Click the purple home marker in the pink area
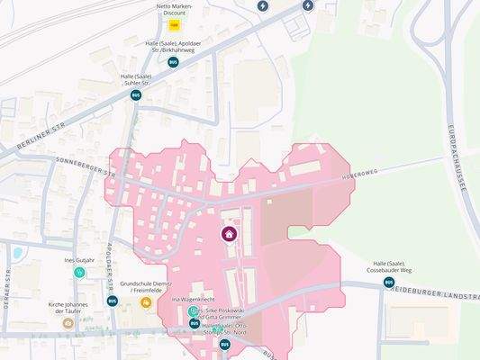pos(230,235)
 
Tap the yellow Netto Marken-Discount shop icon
pos(176,26)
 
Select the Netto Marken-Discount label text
pos(176,9)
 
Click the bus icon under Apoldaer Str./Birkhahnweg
pos(173,62)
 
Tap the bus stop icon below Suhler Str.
pos(136,94)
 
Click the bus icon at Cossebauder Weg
pos(389,282)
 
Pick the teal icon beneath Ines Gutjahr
pos(79,272)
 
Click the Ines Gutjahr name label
pos(79,259)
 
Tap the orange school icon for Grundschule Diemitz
pos(145,303)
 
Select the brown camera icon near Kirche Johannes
pos(68,322)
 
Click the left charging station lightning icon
pos(263,5)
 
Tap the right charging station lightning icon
pos(308,5)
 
